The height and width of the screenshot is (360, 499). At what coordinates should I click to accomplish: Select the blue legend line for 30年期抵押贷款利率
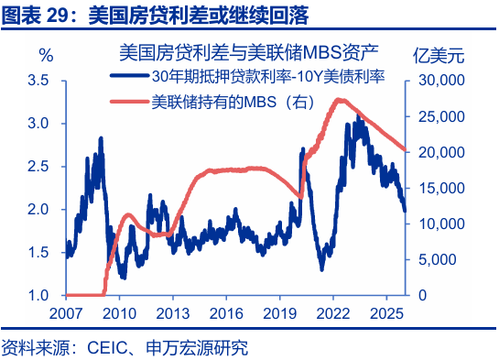129,77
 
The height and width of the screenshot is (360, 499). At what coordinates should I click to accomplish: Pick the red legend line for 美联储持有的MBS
129,102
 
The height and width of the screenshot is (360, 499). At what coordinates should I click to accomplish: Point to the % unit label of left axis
45,56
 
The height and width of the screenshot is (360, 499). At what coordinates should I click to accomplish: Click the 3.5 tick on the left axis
38,81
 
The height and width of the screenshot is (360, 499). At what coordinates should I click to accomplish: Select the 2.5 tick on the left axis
38,167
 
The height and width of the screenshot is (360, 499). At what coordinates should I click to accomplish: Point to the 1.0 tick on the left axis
38,296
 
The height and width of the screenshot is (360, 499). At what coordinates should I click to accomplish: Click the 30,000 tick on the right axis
441,81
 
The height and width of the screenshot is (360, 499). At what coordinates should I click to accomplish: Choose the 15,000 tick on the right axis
441,188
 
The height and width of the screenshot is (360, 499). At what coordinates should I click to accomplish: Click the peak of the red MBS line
340,99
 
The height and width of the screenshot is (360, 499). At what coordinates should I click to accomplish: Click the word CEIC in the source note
106,347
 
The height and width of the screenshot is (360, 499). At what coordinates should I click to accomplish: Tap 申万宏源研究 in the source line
192,347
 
